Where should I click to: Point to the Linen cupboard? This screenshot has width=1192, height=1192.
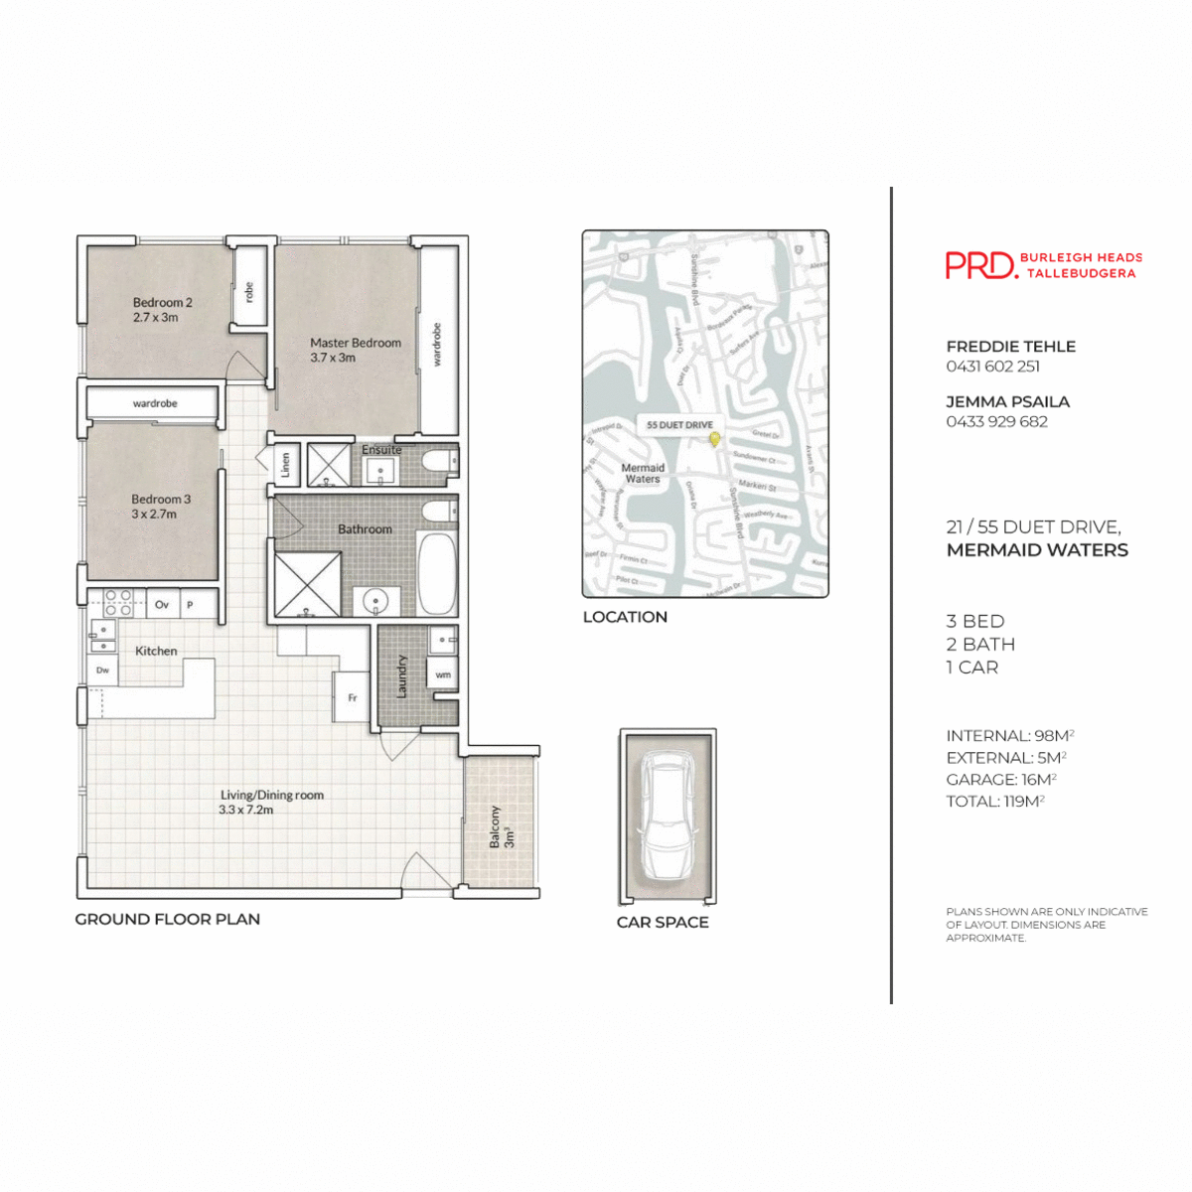285,465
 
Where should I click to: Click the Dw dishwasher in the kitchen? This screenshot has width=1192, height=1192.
102,670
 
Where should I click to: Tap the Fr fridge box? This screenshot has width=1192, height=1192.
352,697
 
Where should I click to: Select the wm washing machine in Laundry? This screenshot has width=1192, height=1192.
443,674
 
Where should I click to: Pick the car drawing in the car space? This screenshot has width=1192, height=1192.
667,815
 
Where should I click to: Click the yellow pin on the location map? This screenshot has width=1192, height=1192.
714,438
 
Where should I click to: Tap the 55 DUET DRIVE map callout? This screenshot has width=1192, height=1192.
679,425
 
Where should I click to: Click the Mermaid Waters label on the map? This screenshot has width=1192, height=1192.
642,473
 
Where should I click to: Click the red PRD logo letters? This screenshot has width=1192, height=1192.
980,265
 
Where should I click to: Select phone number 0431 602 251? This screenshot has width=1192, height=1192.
992,367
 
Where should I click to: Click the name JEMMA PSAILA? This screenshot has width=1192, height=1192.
1007,402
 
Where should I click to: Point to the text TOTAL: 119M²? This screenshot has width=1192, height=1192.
994,802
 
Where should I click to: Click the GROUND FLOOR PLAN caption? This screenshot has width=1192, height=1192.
168,920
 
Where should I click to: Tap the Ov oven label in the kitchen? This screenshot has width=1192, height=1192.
162,604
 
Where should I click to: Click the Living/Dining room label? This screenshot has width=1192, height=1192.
271,802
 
